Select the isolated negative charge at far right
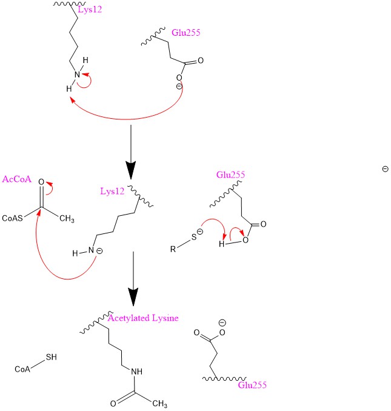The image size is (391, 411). click(x=386, y=169)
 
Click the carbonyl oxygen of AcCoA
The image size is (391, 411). click(x=41, y=182)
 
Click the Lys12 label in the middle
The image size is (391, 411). click(x=113, y=192)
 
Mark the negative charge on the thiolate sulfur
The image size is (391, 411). click(x=201, y=232)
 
